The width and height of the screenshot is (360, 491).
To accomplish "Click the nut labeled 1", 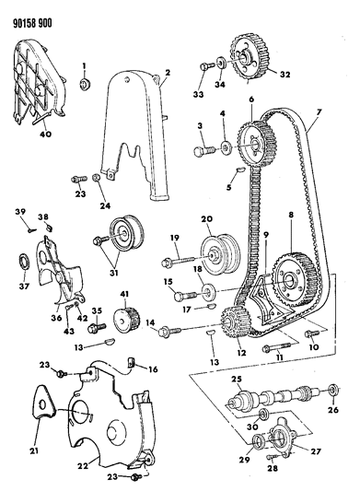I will click(85, 85).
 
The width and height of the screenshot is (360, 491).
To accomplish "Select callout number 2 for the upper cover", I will click(167, 73).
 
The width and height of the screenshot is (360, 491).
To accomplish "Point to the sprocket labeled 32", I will click(246, 63).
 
